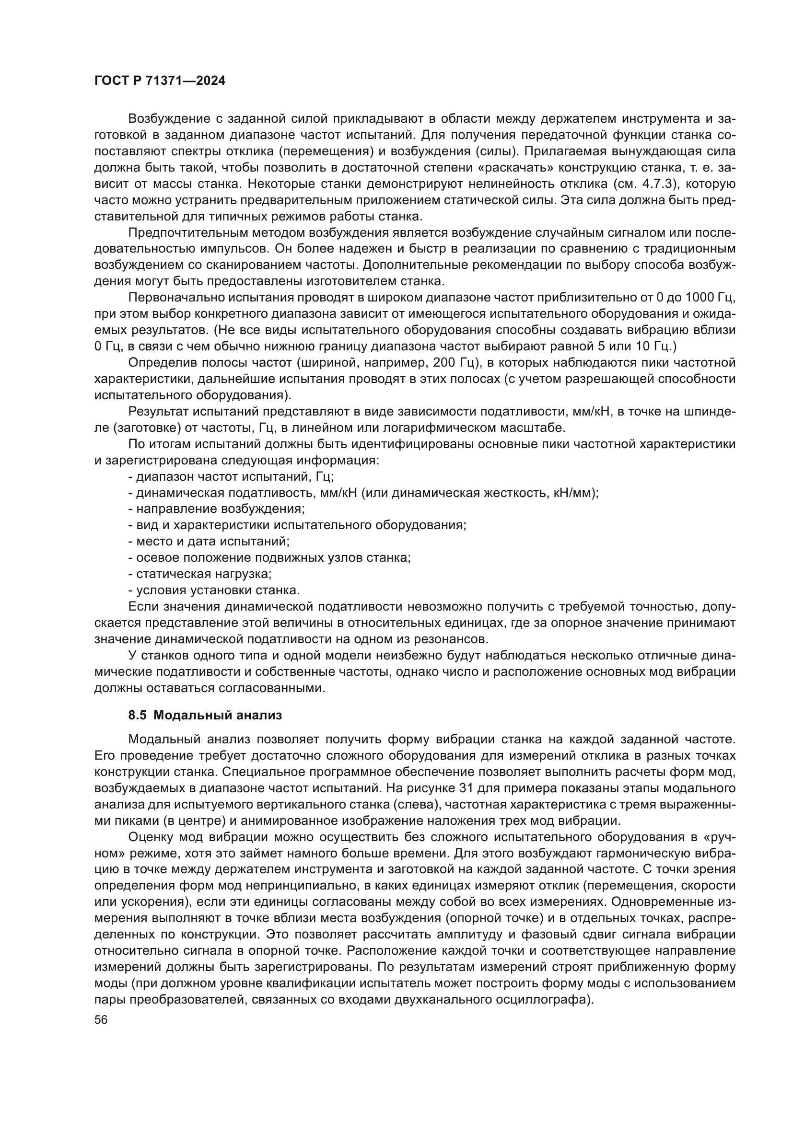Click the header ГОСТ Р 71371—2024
160,81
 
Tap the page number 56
101,1019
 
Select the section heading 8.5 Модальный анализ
205,716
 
